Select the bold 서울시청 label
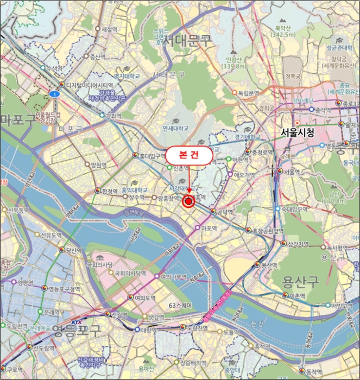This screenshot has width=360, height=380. pyautogui.click(x=298, y=132)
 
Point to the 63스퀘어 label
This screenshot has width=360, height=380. pyautogui.click(x=181, y=305)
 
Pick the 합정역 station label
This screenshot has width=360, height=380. pyautogui.click(x=109, y=191)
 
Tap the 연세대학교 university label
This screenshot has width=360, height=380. pyautogui.click(x=176, y=129)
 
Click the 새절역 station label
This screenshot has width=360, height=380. pyautogui.click(x=109, y=29)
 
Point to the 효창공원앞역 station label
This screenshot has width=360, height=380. pyautogui.click(x=268, y=231)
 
